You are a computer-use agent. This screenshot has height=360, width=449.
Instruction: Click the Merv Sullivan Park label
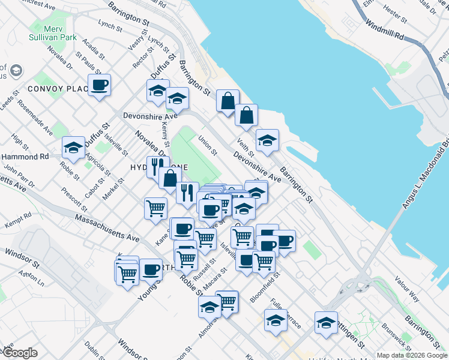[x=52, y=32]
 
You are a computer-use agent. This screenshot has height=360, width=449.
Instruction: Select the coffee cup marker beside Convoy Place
[x=99, y=85]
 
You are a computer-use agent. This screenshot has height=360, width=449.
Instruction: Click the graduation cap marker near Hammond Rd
[x=74, y=148]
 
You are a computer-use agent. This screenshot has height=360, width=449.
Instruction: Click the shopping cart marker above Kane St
[x=155, y=208]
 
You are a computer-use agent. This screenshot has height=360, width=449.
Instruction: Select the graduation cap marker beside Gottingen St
[x=326, y=322]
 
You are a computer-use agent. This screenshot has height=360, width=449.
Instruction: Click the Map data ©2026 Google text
[x=412, y=355]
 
